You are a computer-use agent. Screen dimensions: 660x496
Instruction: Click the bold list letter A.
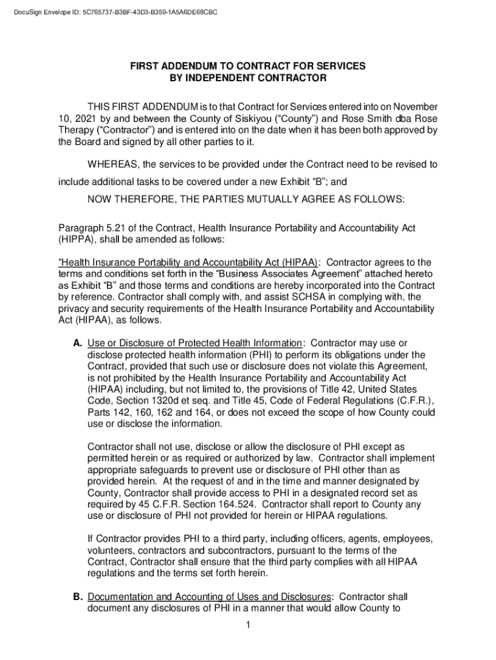coord(77,344)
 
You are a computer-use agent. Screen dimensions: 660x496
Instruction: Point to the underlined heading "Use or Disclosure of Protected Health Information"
coord(195,344)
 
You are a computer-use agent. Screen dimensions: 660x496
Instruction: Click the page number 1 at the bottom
coord(248,625)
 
